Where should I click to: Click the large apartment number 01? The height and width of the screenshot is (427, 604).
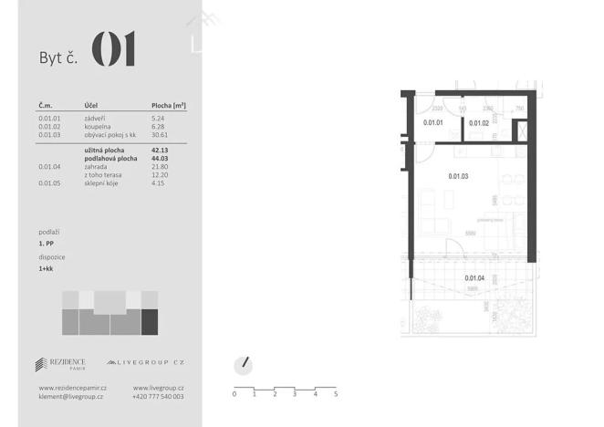coord(114,49)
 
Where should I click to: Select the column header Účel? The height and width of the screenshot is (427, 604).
coord(91,106)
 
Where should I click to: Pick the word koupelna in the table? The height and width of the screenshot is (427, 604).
coord(99,127)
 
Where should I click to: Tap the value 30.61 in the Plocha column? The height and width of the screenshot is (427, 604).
coord(161,134)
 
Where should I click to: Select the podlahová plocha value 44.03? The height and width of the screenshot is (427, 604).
coord(161,158)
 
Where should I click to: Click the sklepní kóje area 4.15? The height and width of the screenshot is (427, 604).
coord(159,182)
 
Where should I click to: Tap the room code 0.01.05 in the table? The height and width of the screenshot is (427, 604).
coord(51,182)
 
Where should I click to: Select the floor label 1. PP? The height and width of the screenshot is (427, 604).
coord(47,245)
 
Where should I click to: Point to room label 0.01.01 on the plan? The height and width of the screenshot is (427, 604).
coord(432,122)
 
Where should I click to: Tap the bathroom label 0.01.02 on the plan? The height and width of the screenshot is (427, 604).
coord(479,122)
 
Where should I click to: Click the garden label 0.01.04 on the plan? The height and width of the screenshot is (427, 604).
coord(474,278)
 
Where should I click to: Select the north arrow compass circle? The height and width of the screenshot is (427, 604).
coord(243,365)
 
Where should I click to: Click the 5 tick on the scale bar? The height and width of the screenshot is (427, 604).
coord(336,394)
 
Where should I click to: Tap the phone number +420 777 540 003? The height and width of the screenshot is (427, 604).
coord(158,397)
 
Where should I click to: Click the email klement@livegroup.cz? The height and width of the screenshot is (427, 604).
coord(71,397)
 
